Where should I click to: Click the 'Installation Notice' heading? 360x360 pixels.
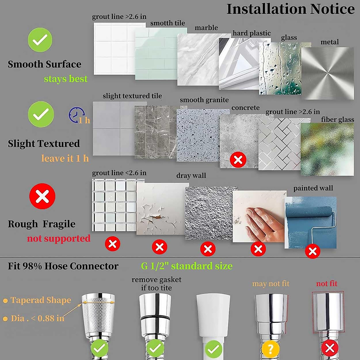point(290,9)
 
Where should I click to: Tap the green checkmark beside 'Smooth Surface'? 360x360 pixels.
point(40,40)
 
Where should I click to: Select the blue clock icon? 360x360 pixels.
point(77,115)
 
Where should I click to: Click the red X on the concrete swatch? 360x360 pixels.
point(238,160)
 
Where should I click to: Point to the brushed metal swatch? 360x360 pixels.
point(328,73)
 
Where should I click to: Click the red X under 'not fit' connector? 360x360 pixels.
point(330,348)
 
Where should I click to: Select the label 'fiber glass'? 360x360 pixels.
point(337,119)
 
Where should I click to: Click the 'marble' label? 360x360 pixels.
point(206,28)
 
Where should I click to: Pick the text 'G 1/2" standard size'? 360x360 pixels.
point(187,266)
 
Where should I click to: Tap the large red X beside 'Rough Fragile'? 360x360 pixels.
point(42,196)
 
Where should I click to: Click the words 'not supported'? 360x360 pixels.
point(58,238)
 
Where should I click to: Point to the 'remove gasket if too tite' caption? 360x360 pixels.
point(156,283)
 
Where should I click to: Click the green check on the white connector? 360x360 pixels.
point(213,349)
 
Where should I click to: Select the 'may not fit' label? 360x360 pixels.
point(271,283)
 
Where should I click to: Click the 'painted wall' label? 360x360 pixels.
point(313,188)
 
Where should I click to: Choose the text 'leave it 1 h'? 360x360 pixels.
point(65,158)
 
